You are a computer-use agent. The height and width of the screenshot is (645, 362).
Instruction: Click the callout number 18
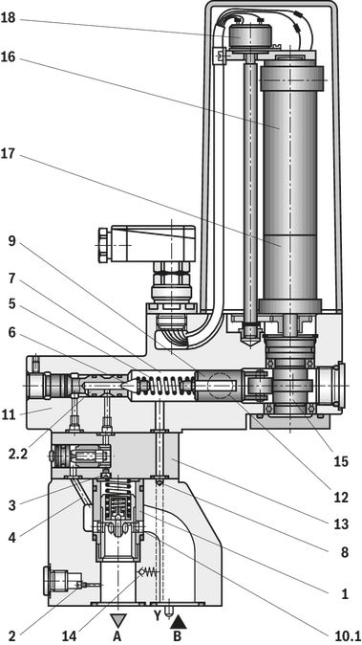(x=8, y=18)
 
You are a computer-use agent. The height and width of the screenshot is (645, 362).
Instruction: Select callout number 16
(x=8, y=56)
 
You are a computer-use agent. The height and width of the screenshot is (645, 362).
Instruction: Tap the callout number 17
(x=8, y=154)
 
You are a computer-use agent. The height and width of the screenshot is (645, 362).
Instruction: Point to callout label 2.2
(x=17, y=455)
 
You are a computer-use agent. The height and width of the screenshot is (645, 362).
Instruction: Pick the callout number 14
(x=70, y=636)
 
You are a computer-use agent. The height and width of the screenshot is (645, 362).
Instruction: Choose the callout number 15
(x=341, y=461)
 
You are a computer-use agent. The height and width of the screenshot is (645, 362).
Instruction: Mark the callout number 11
(x=8, y=414)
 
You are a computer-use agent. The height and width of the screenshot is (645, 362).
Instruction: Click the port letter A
(x=117, y=636)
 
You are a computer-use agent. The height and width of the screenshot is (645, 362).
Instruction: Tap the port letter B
(x=177, y=636)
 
